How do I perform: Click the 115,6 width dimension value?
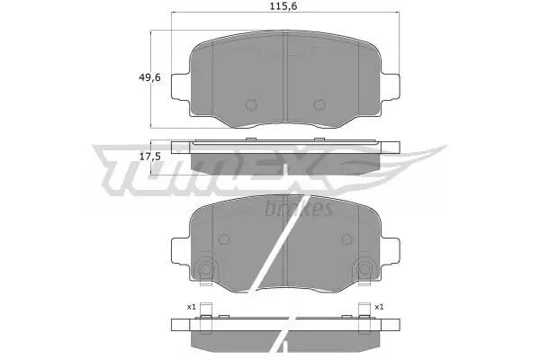283,6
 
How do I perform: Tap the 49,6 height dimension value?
149,77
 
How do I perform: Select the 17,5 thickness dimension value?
149,157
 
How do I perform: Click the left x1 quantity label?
191,307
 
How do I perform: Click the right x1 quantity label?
379,307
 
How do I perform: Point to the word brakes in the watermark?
299,209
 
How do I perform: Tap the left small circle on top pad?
251,104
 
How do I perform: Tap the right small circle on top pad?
319,104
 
